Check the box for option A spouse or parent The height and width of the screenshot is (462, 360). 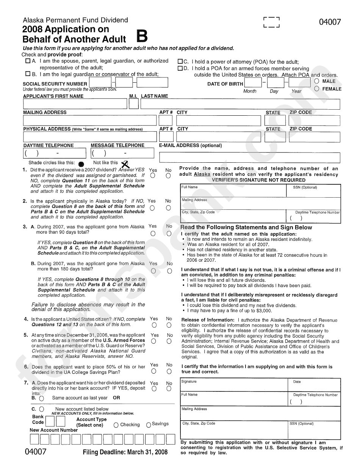tap(28, 61)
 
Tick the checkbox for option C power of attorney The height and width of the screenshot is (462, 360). tap(180, 61)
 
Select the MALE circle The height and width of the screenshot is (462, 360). tap(317, 81)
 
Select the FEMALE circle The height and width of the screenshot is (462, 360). tap(317, 89)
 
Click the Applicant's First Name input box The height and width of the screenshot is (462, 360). tap(75, 104)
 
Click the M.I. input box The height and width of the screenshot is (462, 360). tap(133, 104)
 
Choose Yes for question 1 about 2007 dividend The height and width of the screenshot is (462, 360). tap(153, 176)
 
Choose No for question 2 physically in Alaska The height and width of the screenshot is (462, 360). tap(169, 208)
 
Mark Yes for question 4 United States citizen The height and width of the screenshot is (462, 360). tap(153, 325)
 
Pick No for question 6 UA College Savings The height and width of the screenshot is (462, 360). tap(169, 371)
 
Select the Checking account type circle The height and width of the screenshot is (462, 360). tap(116, 425)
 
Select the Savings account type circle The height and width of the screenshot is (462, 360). tap(149, 424)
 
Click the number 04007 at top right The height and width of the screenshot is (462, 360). tap(330, 22)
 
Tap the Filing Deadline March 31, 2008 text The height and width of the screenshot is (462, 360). tap(125, 452)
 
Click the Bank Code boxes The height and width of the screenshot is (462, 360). tap(55, 422)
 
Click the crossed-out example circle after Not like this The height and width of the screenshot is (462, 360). tap(125, 164)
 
